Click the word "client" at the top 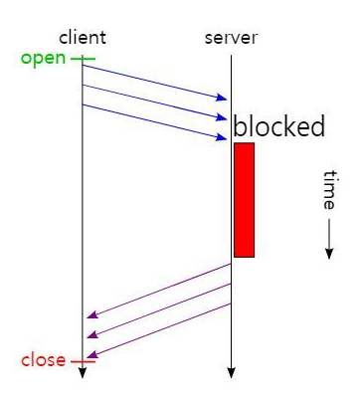click(83, 38)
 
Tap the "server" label click(231, 38)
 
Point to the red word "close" click(43, 359)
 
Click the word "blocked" click(279, 127)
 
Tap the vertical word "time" click(328, 189)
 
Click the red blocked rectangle click(244, 200)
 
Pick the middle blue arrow click(154, 102)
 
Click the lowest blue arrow click(154, 121)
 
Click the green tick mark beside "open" click(84, 59)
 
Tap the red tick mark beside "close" click(83, 360)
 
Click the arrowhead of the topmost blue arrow click(223, 98)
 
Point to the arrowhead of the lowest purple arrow click(91, 356)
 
